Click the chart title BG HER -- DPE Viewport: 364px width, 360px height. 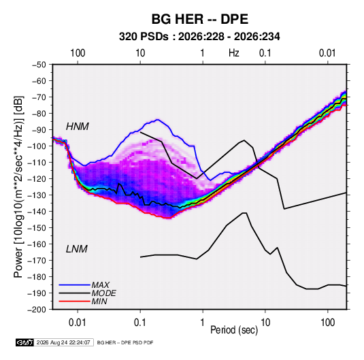(x=200, y=19)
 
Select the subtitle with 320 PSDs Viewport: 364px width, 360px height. (x=199, y=37)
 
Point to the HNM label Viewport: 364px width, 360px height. (x=78, y=127)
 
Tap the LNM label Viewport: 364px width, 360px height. (x=77, y=249)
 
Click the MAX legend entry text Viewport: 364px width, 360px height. (x=100, y=284)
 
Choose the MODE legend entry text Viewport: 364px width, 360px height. (x=104, y=293)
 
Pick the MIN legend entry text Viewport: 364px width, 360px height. (x=99, y=301)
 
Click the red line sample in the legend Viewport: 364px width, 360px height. (x=74, y=301)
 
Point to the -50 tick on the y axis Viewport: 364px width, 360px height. (x=39, y=65)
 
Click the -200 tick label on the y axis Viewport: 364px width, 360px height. (x=37, y=310)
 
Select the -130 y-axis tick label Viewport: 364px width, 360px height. (x=37, y=195)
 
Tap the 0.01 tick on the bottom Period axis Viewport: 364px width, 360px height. (x=78, y=323)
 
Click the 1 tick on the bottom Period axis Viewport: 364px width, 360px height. (x=203, y=323)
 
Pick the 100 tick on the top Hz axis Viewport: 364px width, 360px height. (x=78, y=53)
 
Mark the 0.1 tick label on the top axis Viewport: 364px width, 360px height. (x=265, y=53)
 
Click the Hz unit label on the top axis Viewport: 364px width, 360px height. (x=234, y=53)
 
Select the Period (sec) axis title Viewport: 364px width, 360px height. (x=234, y=330)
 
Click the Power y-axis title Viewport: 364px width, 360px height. (x=18, y=186)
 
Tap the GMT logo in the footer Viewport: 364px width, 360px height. (x=25, y=342)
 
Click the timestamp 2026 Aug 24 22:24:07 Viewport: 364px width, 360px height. (x=63, y=342)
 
